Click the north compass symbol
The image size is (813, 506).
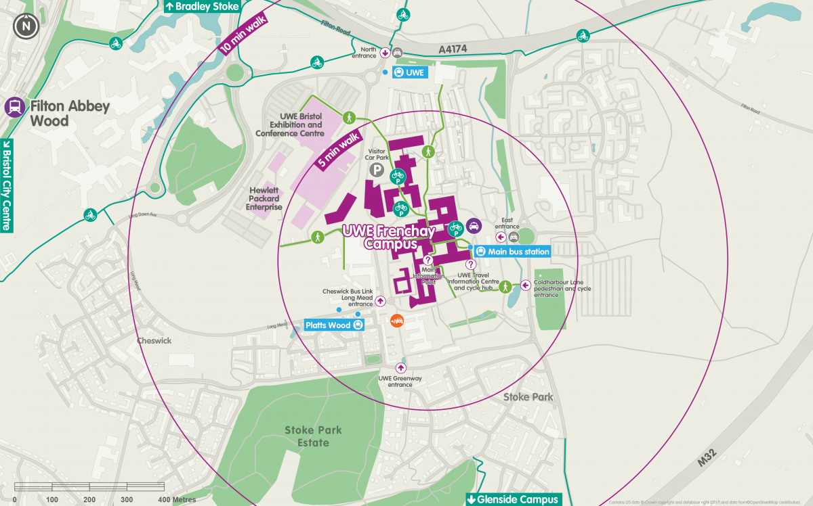(26, 26)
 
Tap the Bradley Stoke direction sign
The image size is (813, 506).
(203, 6)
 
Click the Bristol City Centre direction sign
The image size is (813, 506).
(7, 185)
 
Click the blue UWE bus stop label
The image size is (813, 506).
(411, 72)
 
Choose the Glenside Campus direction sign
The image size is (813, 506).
(514, 499)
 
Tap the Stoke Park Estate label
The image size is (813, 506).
(313, 436)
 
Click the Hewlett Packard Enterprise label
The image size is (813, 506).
(264, 199)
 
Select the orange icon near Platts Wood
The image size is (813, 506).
(398, 320)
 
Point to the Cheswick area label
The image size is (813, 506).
(154, 341)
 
